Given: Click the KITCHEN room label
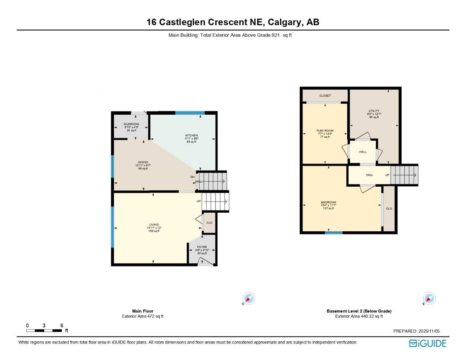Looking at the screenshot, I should (192, 135).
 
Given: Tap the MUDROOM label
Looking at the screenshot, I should (131, 124).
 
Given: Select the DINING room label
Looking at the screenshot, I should (143, 162).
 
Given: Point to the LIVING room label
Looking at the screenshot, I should (154, 225).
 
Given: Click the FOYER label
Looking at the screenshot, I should (202, 247).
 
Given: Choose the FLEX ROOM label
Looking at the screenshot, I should (325, 131).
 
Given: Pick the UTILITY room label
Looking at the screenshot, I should (374, 111).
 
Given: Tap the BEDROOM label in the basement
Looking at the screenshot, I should (328, 202).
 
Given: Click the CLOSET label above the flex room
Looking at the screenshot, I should (325, 96).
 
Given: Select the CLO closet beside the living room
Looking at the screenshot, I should (209, 223).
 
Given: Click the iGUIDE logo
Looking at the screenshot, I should (428, 343).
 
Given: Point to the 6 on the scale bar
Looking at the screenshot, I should (62, 326).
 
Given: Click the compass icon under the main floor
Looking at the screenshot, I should (249, 298).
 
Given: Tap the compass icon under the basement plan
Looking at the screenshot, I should (429, 298).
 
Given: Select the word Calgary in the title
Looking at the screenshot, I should (285, 22).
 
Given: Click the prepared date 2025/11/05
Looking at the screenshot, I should (429, 331).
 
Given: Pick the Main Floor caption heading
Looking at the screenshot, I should (143, 311).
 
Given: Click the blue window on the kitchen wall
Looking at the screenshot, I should (190, 113).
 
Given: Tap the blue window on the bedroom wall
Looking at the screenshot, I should (333, 232).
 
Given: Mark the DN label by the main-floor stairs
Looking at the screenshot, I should (192, 177).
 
